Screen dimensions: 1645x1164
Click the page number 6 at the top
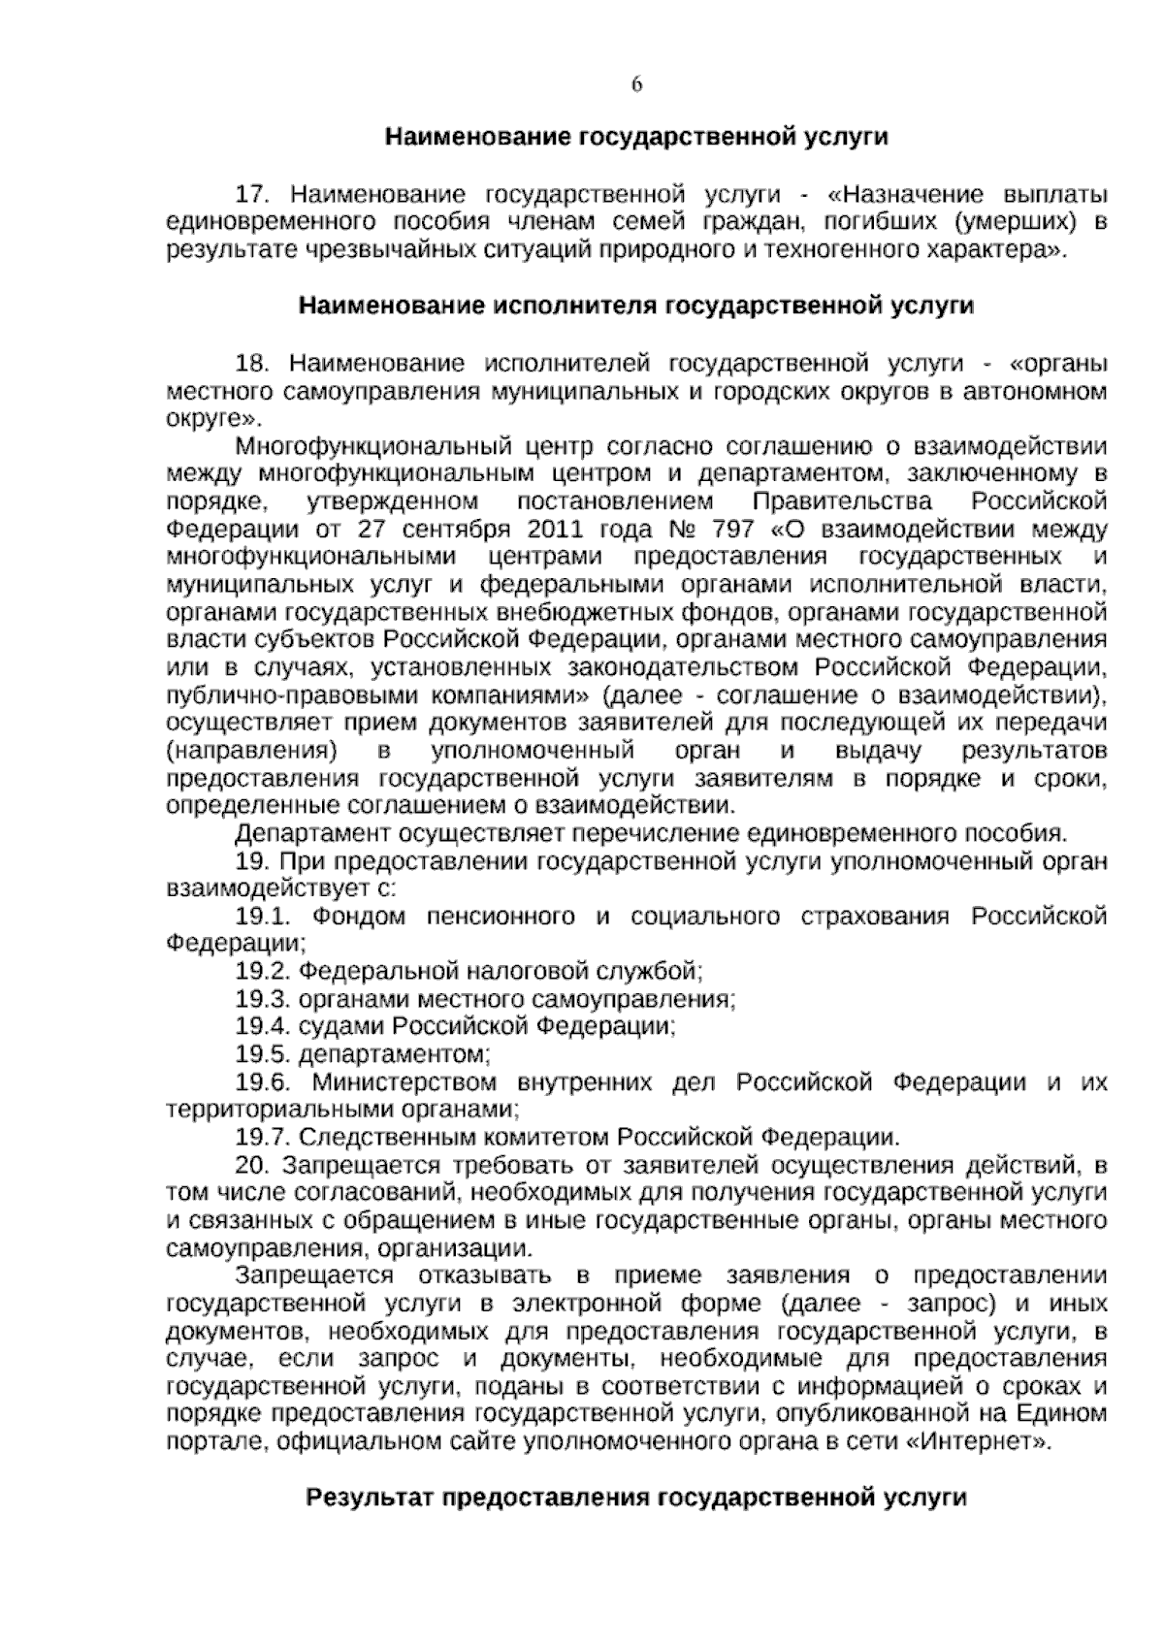pyautogui.click(x=636, y=84)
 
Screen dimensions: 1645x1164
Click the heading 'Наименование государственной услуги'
pyautogui.click(x=636, y=137)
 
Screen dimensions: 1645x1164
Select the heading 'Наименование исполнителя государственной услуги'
pyautogui.click(x=636, y=306)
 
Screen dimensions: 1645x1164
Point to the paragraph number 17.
pyautogui.click(x=251, y=194)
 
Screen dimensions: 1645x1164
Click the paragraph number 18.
pyautogui.click(x=251, y=364)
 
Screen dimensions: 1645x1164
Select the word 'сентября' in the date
pyautogui.click(x=456, y=530)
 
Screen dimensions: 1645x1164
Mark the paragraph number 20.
pyautogui.click(x=251, y=1165)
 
